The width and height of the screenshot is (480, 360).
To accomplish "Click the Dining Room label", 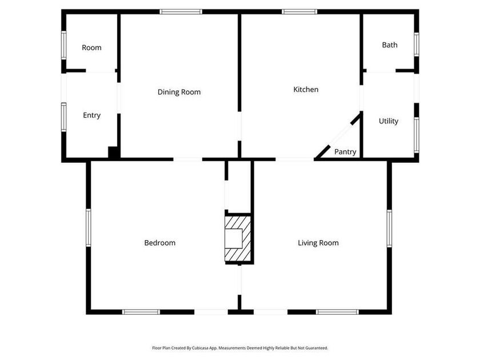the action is (x=179, y=92).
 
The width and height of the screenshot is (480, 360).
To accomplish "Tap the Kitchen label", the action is (x=306, y=89).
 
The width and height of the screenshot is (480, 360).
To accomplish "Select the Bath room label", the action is (x=390, y=45).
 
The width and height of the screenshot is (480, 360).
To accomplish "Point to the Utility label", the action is (x=389, y=121).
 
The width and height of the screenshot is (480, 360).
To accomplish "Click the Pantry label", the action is (x=345, y=152).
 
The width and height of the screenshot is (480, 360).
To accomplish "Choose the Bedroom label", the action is (x=160, y=243).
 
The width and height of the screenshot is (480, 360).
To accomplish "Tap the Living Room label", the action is (x=318, y=243).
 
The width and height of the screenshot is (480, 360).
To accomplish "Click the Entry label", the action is (x=92, y=115).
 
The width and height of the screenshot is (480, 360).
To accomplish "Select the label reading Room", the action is (x=91, y=48).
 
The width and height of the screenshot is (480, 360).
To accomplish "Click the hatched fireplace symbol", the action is (x=238, y=239).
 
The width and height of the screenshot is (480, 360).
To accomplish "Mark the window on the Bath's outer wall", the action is (x=417, y=45).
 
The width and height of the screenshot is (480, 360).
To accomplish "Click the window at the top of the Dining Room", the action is (x=181, y=12).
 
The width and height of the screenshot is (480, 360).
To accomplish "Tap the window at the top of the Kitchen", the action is (x=299, y=12).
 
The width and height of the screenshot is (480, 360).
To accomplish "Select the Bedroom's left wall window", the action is (x=89, y=227).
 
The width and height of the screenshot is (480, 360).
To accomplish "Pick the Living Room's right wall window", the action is (x=389, y=229).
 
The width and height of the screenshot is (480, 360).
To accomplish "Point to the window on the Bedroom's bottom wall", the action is (x=141, y=312).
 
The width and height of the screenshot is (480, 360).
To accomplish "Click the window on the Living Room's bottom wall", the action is (x=337, y=312).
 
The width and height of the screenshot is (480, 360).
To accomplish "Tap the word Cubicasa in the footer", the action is (x=200, y=348).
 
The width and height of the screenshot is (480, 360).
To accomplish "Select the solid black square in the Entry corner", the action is (x=113, y=152).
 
